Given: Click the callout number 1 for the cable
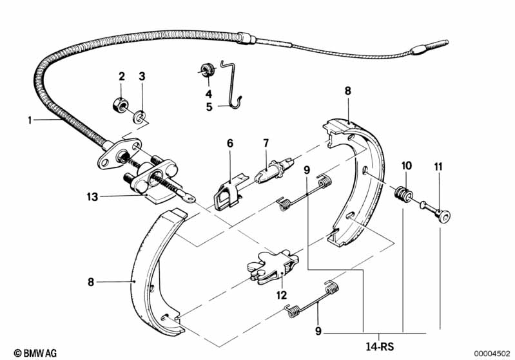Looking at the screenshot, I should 30,120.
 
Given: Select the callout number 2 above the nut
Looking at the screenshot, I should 121,77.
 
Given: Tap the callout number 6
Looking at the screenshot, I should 229,142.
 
